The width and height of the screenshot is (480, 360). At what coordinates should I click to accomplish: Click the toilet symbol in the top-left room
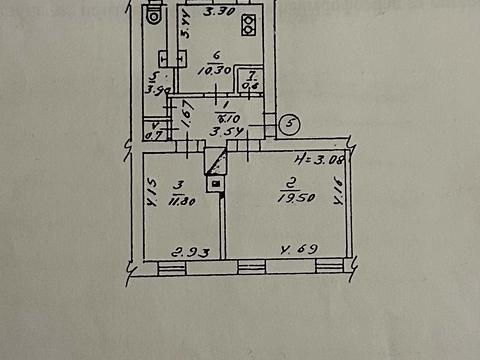pyautogui.click(x=153, y=15)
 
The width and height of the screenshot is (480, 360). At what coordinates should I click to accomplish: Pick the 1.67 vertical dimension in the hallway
pyautogui.click(x=186, y=121)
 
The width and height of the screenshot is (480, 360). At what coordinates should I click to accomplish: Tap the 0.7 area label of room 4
pyautogui.click(x=154, y=131)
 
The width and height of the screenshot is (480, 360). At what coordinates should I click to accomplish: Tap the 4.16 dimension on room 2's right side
pyautogui.click(x=339, y=190)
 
